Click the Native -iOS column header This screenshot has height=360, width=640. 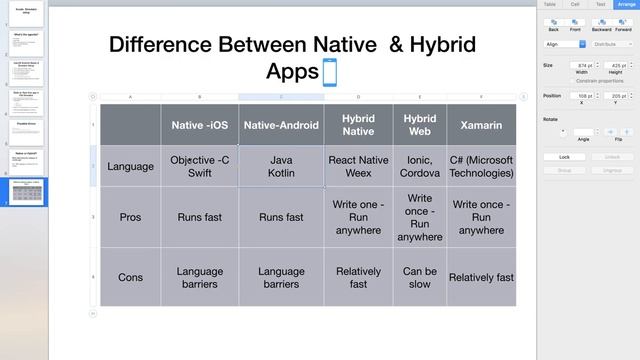pyautogui.click(x=200, y=125)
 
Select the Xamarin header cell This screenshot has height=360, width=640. pyautogui.click(x=481, y=125)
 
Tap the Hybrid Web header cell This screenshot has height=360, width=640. pyautogui.click(x=419, y=125)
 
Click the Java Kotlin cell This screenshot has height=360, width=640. pyautogui.click(x=281, y=166)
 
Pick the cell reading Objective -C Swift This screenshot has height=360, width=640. pyautogui.click(x=200, y=166)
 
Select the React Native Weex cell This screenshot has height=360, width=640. pyautogui.click(x=358, y=166)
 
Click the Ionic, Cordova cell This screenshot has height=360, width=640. pyautogui.click(x=419, y=166)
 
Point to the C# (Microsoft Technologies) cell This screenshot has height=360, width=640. pyautogui.click(x=481, y=166)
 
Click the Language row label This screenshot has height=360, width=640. pyautogui.click(x=130, y=166)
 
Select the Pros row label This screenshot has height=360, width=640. pyautogui.click(x=130, y=217)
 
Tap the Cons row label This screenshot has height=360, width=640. pyautogui.click(x=130, y=277)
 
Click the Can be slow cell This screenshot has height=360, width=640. pyautogui.click(x=419, y=277)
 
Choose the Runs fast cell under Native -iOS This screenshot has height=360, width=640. pyautogui.click(x=200, y=217)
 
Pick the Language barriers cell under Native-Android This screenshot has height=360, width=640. pyautogui.click(x=281, y=277)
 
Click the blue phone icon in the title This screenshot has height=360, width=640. pyautogui.click(x=329, y=71)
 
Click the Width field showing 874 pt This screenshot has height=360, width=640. pyautogui.click(x=582, y=65)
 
